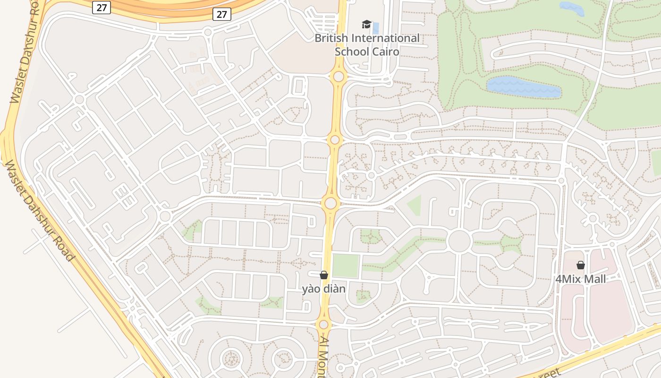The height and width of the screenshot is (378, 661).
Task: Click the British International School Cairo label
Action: tap(367, 44)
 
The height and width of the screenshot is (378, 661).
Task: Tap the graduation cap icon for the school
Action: tap(366, 24)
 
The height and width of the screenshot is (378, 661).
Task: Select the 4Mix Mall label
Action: tap(580, 279)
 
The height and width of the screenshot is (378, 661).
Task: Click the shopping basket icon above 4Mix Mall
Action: tap(581, 265)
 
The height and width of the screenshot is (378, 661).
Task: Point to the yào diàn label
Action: tap(324, 288)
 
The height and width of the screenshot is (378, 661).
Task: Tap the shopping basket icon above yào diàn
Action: tap(324, 275)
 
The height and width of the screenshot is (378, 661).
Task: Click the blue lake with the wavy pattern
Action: tap(523, 87)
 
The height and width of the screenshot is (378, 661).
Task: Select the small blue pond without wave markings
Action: tap(572, 8)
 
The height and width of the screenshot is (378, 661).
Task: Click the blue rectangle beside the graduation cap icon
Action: tap(376, 28)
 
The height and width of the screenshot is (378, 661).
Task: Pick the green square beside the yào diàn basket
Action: tap(346, 266)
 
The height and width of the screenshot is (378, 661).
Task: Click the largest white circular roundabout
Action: tap(459, 241)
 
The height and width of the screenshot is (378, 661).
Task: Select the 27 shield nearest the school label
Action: tap(221, 14)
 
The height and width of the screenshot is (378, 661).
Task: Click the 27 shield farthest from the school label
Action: tap(102, 7)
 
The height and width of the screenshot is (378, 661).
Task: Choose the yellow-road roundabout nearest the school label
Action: tap(338, 77)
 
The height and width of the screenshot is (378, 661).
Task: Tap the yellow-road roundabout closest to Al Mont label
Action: tap(323, 325)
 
